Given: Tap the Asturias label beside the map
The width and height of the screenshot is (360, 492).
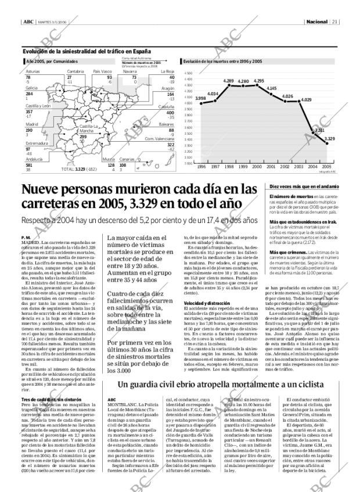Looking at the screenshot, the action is click(x=33, y=71).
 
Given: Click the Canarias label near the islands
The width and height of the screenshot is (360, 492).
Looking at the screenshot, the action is click(x=128, y=159).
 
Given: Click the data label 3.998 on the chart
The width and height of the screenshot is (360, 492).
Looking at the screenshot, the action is click(x=200, y=98).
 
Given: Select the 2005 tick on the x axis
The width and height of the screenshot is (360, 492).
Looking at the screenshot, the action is click(x=326, y=166).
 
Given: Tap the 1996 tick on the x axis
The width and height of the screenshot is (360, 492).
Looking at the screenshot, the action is click(x=201, y=166).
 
